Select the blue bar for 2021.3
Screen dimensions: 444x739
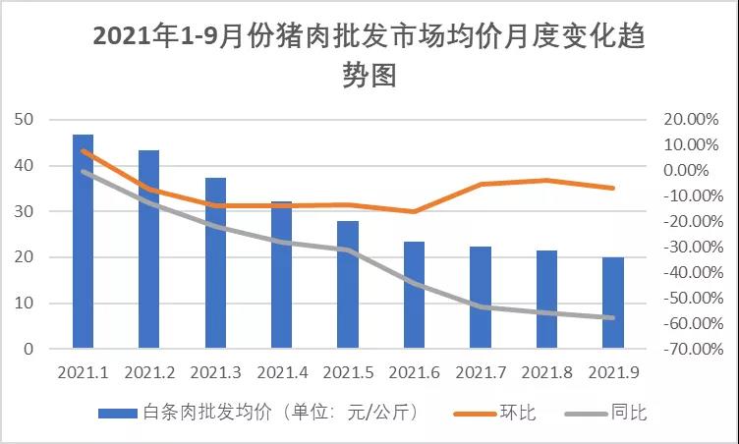(215, 263)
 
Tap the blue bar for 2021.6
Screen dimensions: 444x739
(414, 295)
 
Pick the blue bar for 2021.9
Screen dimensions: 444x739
(613, 303)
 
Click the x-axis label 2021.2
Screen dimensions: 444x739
(149, 373)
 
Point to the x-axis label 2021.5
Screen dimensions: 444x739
(348, 373)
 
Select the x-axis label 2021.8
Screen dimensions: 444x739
(546, 373)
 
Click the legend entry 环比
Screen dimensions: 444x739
(519, 413)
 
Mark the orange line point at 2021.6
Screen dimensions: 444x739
(414, 211)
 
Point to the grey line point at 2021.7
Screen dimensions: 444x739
(481, 306)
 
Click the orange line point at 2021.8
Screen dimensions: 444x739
(546, 180)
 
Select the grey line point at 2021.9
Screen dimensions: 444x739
(613, 317)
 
